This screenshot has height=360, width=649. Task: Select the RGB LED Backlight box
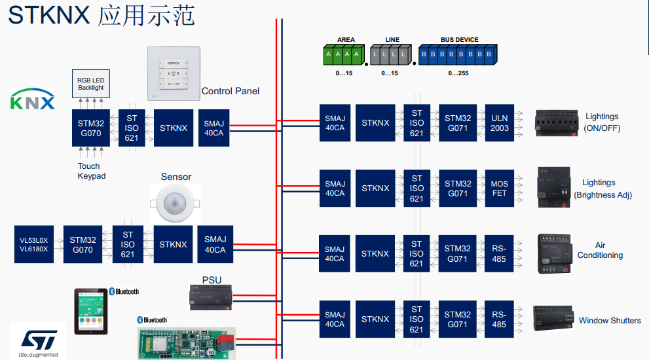pos(91,84)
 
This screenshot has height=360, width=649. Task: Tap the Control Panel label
pos(230,91)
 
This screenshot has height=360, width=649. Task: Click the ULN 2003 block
pos(499,123)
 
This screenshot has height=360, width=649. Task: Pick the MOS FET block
pos(499,189)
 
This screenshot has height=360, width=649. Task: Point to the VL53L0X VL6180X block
pos(34,245)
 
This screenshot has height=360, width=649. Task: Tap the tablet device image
pos(91,312)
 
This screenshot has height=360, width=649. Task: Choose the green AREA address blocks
pos(343,55)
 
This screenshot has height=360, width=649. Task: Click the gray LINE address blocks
pos(390,55)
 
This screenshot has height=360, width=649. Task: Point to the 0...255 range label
pos(458,73)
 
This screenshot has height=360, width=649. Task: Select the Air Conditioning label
pos(600,251)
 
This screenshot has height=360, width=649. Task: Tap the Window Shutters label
pos(610,321)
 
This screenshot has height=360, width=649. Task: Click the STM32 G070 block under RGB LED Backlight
pos(91,128)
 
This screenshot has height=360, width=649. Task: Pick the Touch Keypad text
pos(92,171)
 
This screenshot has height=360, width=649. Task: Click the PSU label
pos(211,280)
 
